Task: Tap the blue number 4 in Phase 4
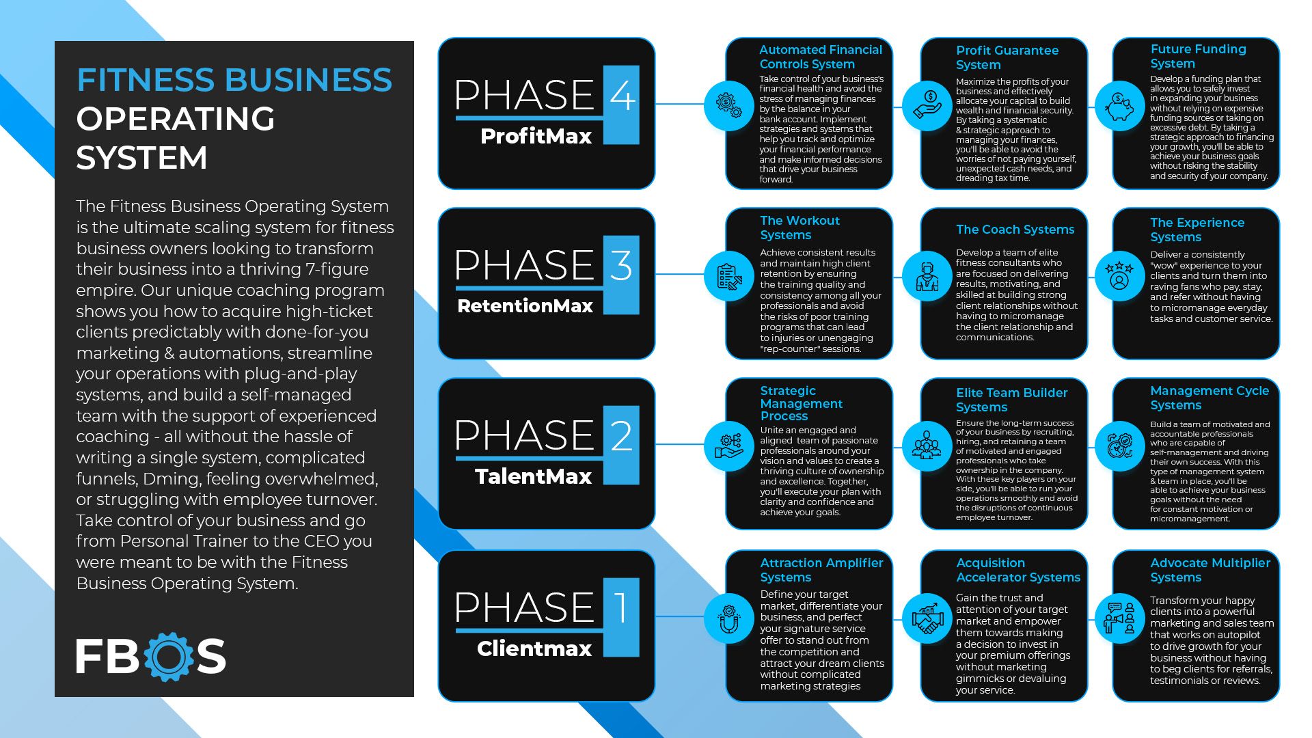pyautogui.click(x=621, y=96)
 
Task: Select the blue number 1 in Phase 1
pyautogui.click(x=621, y=607)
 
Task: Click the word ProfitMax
pyautogui.click(x=536, y=136)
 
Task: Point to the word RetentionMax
pyautogui.click(x=525, y=305)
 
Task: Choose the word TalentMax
pyautogui.click(x=533, y=476)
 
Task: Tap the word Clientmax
pyautogui.click(x=534, y=648)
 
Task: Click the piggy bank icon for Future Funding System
pyautogui.click(x=1119, y=106)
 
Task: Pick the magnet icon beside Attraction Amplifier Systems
pyautogui.click(x=729, y=618)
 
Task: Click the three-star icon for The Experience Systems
pyautogui.click(x=1119, y=275)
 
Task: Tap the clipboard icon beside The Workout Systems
pyautogui.click(x=729, y=276)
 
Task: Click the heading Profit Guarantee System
pyautogui.click(x=1007, y=57)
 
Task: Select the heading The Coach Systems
pyautogui.click(x=1015, y=230)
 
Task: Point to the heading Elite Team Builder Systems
pyautogui.click(x=1011, y=400)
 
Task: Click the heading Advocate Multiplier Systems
pyautogui.click(x=1209, y=570)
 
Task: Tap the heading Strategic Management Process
pyautogui.click(x=801, y=403)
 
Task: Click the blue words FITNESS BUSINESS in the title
pyautogui.click(x=234, y=80)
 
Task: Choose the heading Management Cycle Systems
pyautogui.click(x=1209, y=398)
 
